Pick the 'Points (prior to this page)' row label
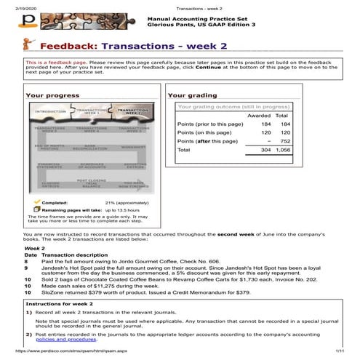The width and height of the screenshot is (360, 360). click(x=210, y=124)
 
